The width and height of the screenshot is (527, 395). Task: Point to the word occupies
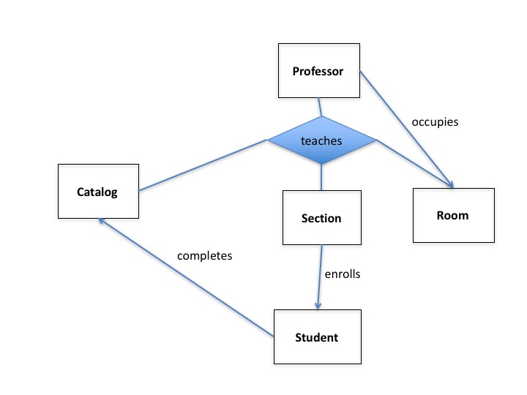435,122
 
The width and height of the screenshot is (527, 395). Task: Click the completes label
204,256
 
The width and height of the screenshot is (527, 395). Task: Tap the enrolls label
343,275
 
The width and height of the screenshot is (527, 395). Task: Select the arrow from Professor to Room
407,129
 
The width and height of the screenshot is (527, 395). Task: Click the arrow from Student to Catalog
187,277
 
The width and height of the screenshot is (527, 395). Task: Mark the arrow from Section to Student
320,276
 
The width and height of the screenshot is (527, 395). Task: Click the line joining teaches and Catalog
201,166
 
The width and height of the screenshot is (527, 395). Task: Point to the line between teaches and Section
321,177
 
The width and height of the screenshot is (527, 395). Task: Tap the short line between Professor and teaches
319,107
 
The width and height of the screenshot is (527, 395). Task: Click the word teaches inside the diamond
321,140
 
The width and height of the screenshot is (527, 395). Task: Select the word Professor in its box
318,71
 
